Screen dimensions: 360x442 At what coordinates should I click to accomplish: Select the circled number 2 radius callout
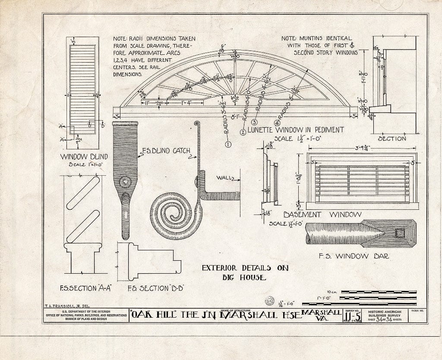[x=243, y=133]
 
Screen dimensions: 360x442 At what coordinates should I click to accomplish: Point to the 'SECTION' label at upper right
[x=392, y=139]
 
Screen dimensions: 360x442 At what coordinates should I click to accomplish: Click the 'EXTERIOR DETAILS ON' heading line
[x=245, y=268]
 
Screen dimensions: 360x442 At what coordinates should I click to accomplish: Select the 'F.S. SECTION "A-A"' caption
[x=85, y=288]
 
